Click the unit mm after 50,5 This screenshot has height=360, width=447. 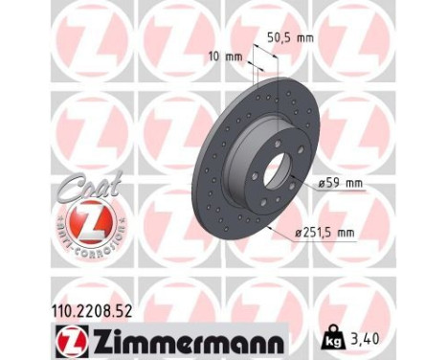[x=306, y=39]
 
